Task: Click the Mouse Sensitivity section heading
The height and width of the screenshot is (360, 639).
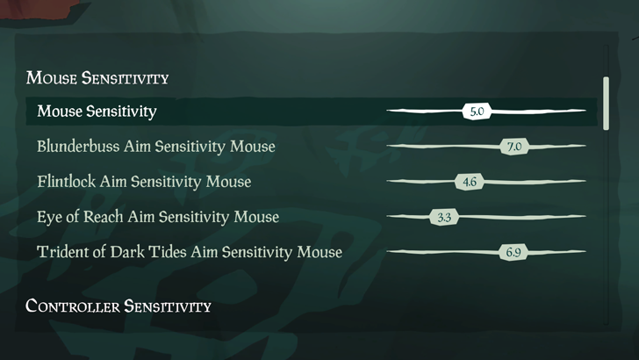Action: pyautogui.click(x=97, y=78)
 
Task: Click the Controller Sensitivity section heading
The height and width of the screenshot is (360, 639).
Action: pyautogui.click(x=118, y=306)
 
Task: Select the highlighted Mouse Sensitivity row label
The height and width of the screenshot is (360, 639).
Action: pyautogui.click(x=97, y=112)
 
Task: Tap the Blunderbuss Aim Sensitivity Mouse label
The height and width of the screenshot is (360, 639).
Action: pyautogui.click(x=156, y=147)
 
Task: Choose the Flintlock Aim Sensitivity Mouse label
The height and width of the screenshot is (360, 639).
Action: pyautogui.click(x=144, y=182)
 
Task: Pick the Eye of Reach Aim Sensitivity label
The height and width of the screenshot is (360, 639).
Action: pyautogui.click(x=158, y=217)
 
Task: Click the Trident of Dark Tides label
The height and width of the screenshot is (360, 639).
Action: pyautogui.click(x=190, y=253)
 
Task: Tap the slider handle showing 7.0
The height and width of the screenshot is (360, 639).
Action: pyautogui.click(x=513, y=147)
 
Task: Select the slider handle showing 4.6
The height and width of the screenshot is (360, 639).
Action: pyautogui.click(x=469, y=183)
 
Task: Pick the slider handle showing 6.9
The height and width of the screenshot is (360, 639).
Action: pyautogui.click(x=513, y=253)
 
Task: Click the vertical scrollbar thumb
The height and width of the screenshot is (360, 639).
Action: pyautogui.click(x=606, y=103)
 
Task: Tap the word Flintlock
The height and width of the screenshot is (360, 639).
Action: pyautogui.click(x=67, y=182)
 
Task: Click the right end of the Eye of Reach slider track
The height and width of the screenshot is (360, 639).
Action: pyautogui.click(x=583, y=217)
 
